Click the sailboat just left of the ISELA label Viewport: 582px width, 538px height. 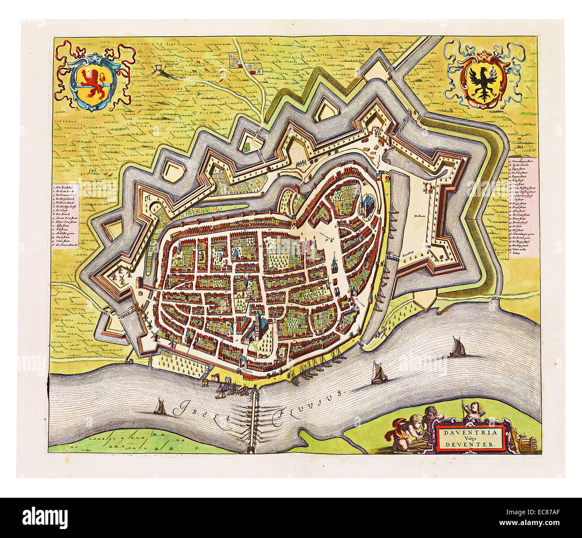point(158,407)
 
